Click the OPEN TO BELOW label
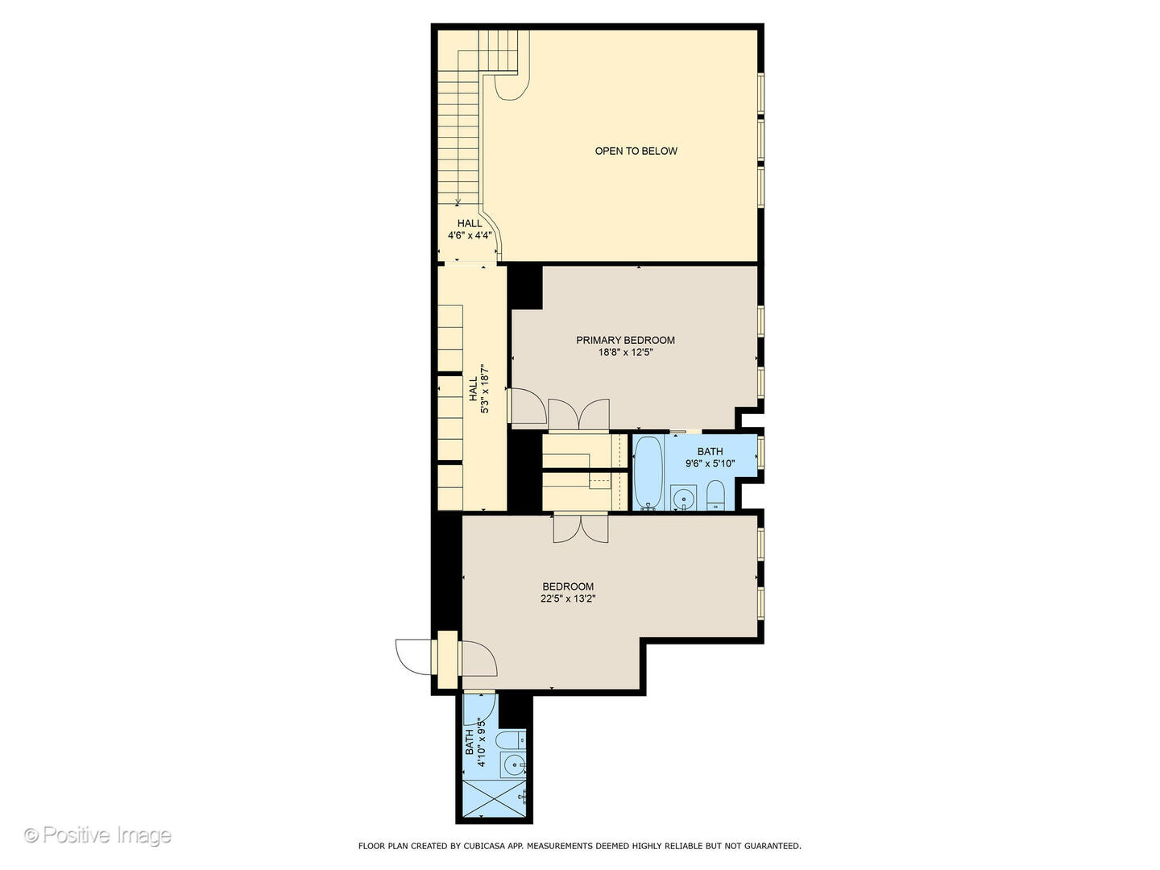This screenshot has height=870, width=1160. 636,151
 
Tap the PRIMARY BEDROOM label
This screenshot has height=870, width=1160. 625,340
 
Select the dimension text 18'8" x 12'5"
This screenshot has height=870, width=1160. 625,352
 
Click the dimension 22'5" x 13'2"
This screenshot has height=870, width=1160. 568,599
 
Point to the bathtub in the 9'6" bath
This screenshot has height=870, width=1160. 648,473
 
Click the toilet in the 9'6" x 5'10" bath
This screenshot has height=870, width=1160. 716,495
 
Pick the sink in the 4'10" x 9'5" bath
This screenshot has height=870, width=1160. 512,764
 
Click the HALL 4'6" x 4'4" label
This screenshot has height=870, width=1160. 470,230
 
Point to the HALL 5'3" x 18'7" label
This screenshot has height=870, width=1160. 478,391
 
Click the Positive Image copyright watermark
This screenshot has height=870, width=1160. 97,835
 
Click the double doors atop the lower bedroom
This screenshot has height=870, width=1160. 580,527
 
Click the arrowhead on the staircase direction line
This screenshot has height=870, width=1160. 458,202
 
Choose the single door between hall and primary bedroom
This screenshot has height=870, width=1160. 527,405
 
